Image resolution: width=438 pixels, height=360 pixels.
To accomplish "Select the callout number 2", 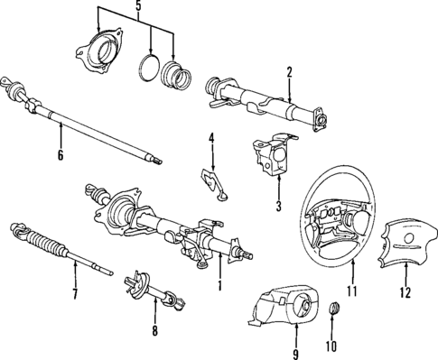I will click(x=289, y=72).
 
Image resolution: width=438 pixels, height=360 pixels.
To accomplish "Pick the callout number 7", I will click(x=75, y=294).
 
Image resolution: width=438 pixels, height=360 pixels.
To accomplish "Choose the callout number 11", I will click(x=353, y=291).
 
